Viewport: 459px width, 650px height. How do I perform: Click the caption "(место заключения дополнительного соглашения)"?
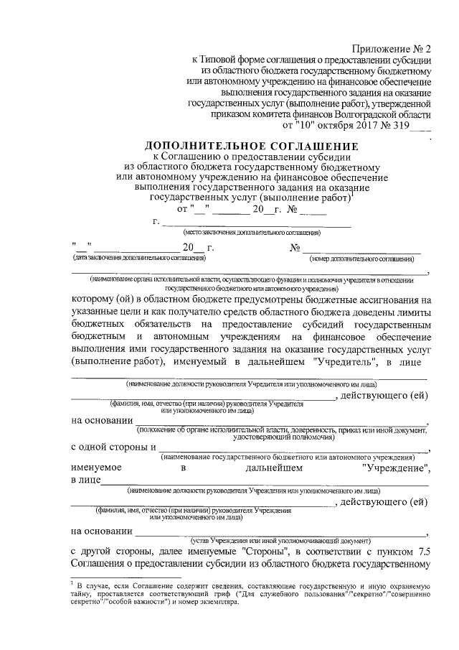pos(252,233)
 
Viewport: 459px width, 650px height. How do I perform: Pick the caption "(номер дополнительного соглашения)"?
pos(365,257)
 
